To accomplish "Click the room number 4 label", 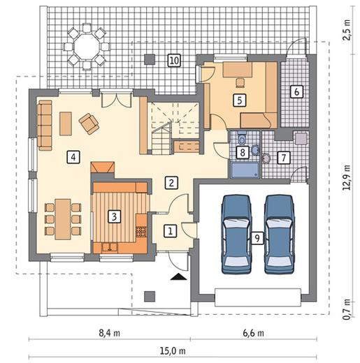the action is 73,157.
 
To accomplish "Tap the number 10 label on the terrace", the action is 174,61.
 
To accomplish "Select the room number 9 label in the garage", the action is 257,238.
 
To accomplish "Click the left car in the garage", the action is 236,234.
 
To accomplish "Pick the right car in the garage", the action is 279,234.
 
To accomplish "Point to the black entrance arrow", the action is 178,276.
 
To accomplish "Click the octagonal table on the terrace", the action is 86,47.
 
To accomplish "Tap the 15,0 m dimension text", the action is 173,350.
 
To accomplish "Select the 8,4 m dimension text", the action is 110,333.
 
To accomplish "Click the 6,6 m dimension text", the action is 254,333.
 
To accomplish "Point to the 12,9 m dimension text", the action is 347,177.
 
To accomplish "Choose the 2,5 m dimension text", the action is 347,30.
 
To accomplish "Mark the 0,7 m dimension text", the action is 347,309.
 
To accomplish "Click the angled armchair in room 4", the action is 89,124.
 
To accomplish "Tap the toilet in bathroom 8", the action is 242,139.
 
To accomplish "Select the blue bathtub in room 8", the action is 245,170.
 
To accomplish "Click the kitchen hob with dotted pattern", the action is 141,232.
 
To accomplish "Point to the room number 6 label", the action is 296,91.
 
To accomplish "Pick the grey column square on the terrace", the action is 150,59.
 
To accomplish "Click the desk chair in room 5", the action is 240,82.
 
